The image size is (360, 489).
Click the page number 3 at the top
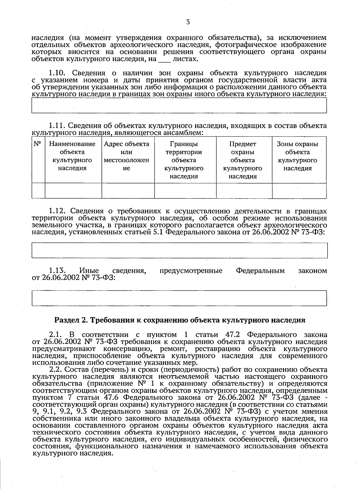[188, 22]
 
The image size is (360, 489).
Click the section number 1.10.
[59, 73]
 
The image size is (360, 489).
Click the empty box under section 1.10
[179, 105]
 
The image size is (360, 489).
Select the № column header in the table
[38, 144]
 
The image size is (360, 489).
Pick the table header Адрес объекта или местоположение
[127, 156]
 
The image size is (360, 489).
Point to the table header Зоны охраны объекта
[297, 156]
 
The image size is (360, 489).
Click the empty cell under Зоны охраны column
[299, 191]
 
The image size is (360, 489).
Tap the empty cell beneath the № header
[38, 191]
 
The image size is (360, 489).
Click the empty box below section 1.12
[179, 250]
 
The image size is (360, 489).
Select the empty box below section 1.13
[179, 298]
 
